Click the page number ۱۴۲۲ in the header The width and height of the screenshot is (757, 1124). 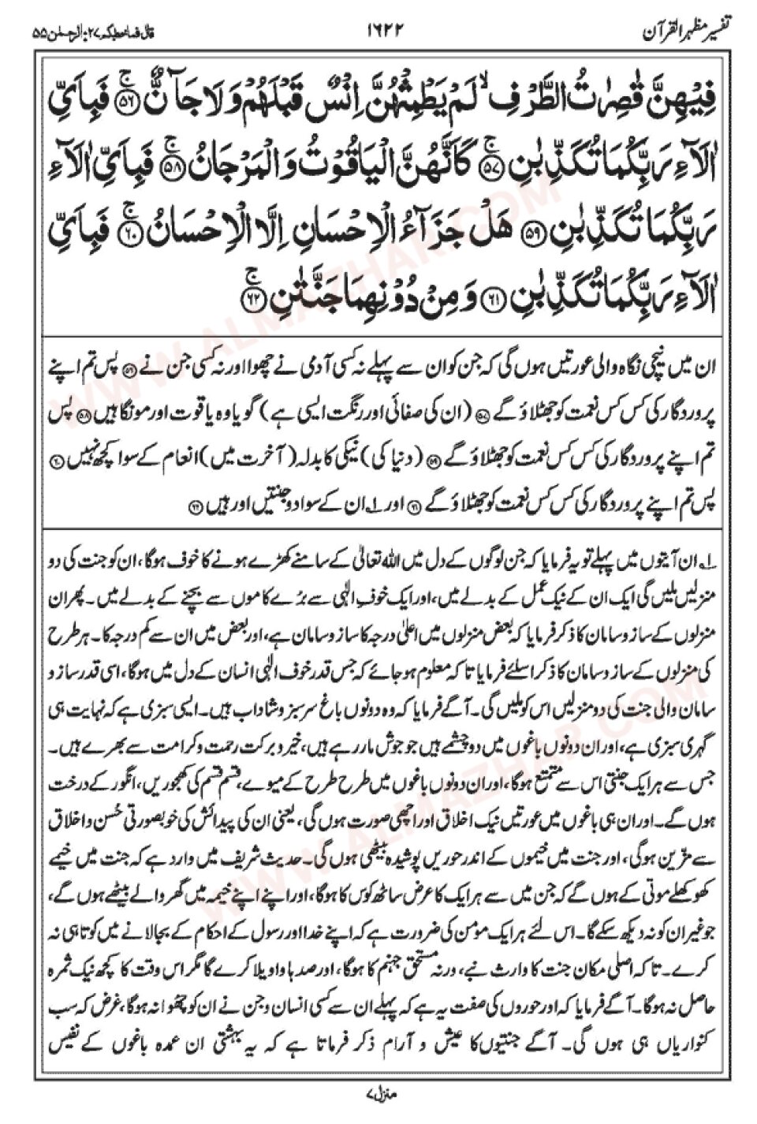click(x=379, y=32)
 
